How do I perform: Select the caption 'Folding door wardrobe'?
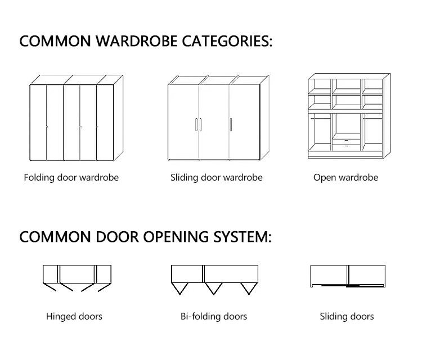(71, 178)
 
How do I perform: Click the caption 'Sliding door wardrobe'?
(217, 178)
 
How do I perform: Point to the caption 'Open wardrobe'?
(345, 178)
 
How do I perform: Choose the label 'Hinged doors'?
(74, 317)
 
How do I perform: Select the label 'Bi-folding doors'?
(214, 317)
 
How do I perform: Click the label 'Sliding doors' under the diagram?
(347, 317)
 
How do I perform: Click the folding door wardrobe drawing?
(75, 118)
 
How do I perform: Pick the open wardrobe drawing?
(348, 116)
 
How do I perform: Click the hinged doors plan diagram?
(77, 278)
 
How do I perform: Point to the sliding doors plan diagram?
(347, 276)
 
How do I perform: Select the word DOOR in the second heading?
(110, 237)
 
